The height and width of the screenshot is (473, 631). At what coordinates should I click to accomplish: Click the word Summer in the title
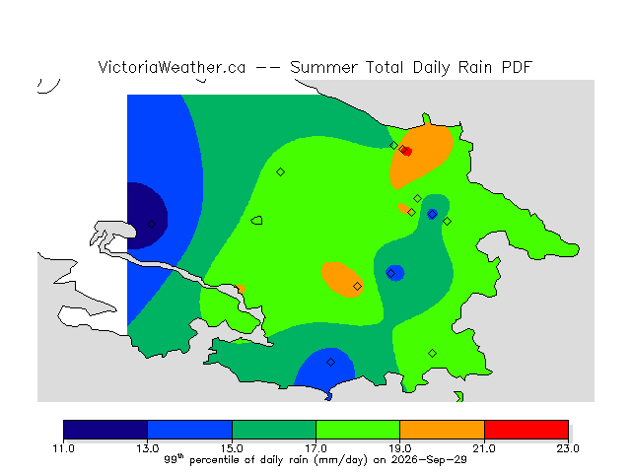point(323,67)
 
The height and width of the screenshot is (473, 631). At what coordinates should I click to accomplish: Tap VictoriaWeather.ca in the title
point(172,67)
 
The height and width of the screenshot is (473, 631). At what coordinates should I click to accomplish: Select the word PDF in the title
point(517,67)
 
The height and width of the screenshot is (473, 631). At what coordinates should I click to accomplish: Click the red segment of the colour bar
point(526,430)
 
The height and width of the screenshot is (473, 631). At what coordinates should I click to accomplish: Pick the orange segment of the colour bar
point(442,430)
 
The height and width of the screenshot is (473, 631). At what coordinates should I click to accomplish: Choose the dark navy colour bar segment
point(105,430)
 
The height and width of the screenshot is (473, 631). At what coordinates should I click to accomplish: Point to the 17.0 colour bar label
point(315,448)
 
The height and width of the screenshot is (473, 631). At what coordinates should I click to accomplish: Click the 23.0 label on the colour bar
point(568,448)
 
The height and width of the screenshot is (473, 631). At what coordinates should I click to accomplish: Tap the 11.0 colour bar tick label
point(63,448)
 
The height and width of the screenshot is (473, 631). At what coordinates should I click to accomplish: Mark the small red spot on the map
point(407,152)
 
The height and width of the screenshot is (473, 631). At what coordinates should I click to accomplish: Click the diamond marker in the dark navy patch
point(151,224)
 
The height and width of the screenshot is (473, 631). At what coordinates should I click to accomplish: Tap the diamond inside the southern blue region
point(330,363)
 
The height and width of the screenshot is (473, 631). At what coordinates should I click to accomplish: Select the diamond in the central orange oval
point(357,287)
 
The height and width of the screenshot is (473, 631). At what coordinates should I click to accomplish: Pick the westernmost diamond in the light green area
point(280,172)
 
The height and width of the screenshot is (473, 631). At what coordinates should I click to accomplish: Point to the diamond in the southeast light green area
point(432,354)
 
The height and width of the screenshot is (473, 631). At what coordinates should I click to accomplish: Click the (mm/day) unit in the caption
point(341,460)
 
